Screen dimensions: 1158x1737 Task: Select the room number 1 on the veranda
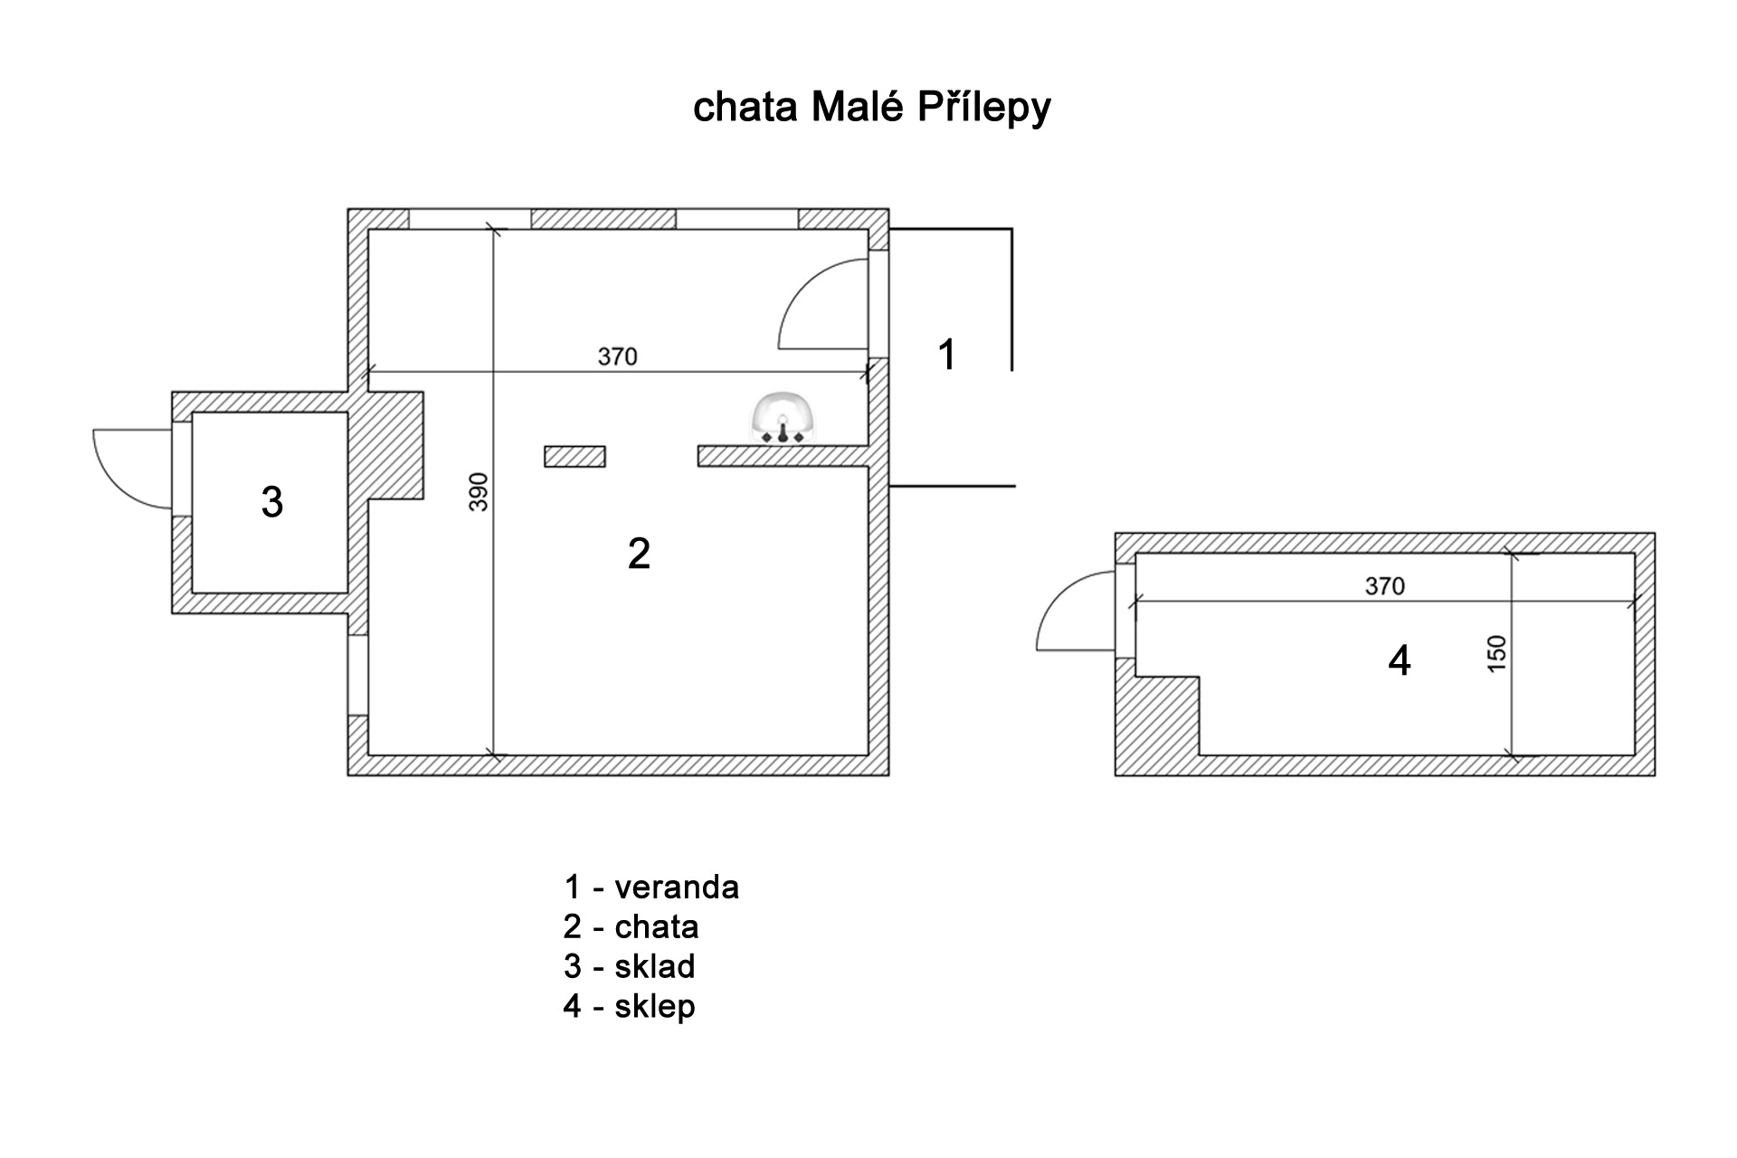point(946,355)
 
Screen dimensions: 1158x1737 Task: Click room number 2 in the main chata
point(639,554)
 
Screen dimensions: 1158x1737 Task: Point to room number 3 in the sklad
point(271,502)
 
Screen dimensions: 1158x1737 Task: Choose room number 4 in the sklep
point(1399,661)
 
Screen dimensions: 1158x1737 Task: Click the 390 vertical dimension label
point(479,491)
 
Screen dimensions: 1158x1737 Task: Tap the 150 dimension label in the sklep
point(1497,653)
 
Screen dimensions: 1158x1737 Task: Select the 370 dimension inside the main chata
point(617,356)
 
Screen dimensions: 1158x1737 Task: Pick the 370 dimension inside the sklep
point(1384,586)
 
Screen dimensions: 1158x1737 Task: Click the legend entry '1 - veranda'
point(650,887)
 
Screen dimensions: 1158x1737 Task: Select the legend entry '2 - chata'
point(631,927)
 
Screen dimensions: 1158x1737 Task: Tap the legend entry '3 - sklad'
point(629,967)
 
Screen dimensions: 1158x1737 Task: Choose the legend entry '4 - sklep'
point(629,1007)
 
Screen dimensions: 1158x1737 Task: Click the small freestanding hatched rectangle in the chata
point(574,457)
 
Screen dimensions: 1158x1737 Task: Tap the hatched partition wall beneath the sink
point(783,455)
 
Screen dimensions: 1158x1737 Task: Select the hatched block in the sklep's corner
point(1158,724)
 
